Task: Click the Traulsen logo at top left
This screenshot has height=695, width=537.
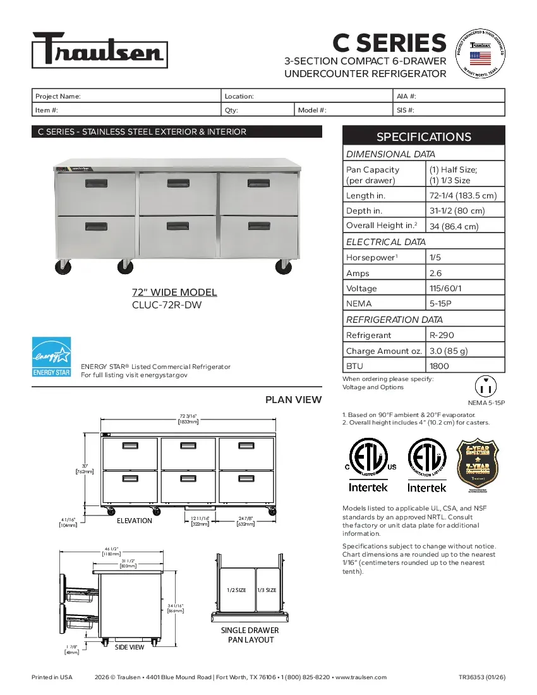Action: click(99, 49)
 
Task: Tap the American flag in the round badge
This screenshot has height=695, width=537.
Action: click(480, 58)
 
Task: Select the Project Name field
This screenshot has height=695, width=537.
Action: click(126, 96)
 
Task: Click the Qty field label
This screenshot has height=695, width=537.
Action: click(231, 110)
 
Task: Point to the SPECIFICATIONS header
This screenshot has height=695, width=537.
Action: click(423, 136)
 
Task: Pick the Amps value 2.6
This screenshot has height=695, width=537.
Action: click(435, 273)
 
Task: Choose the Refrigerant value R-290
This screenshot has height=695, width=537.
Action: click(442, 335)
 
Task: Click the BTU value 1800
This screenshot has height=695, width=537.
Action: click(439, 366)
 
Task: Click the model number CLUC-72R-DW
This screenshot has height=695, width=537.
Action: click(167, 304)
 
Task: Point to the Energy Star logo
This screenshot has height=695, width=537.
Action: click(51, 357)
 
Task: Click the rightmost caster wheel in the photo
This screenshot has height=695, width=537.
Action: click(283, 267)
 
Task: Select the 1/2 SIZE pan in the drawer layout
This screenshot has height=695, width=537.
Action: click(236, 589)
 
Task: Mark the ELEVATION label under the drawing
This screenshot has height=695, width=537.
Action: click(134, 521)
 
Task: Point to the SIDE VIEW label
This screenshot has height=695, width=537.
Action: click(129, 647)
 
